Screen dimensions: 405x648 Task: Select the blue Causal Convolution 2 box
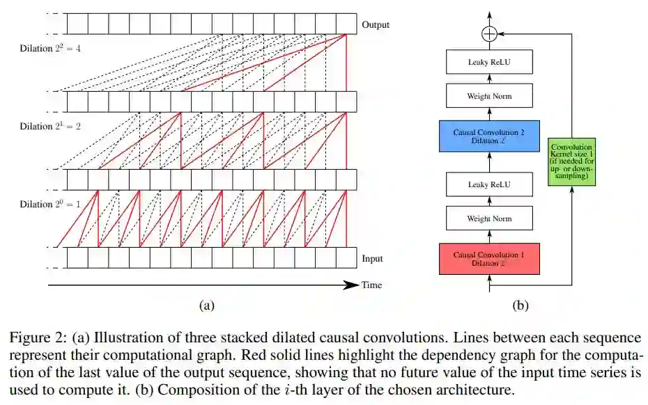coord(488,135)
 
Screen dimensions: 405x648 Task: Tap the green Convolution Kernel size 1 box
coord(571,162)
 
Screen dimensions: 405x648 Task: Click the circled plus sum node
coord(489,33)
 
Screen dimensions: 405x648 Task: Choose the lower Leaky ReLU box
coord(488,184)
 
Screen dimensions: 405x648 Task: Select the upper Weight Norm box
coord(488,95)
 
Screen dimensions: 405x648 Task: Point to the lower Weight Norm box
coord(488,219)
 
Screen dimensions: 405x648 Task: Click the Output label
coord(376,25)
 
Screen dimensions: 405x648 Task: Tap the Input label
coord(372,259)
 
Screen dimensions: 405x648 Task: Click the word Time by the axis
coord(371,285)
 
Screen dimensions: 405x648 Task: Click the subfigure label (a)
coord(206,304)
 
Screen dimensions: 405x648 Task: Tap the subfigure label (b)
coord(520,304)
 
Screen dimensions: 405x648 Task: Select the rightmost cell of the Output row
coord(346,24)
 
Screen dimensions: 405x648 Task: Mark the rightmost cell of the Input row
coord(346,257)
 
